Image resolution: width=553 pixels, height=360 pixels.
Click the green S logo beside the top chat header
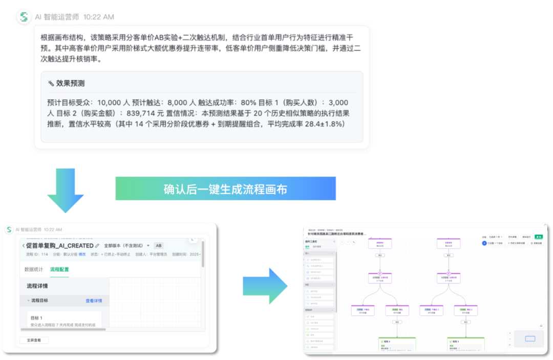24,16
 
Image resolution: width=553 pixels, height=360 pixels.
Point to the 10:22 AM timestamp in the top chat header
98,17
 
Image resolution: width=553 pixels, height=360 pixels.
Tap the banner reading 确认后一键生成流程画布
225,188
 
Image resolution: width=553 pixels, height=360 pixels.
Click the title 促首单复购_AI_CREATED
59,246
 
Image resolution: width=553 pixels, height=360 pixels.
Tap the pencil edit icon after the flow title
97,246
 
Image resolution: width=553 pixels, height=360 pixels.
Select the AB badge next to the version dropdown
159,246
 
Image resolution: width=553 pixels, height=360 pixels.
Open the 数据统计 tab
33,269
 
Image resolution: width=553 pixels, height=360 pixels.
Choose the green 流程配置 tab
59,269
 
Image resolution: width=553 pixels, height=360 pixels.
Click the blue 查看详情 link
94,301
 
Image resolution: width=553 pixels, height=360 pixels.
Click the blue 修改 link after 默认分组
82,254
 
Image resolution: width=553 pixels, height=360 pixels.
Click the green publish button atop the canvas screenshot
539,237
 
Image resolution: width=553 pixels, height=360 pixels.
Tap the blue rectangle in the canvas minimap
530,338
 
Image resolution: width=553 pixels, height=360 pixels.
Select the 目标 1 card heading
36,318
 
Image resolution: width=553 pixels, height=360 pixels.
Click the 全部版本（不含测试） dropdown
126,246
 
